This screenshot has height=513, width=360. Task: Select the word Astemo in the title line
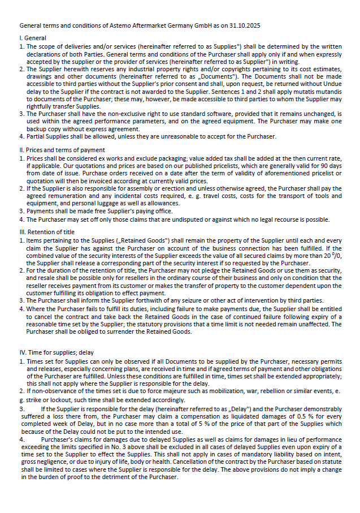(x=116, y=26)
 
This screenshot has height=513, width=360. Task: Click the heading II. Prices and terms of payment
(x=62, y=150)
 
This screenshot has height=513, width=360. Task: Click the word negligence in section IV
(x=55, y=462)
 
